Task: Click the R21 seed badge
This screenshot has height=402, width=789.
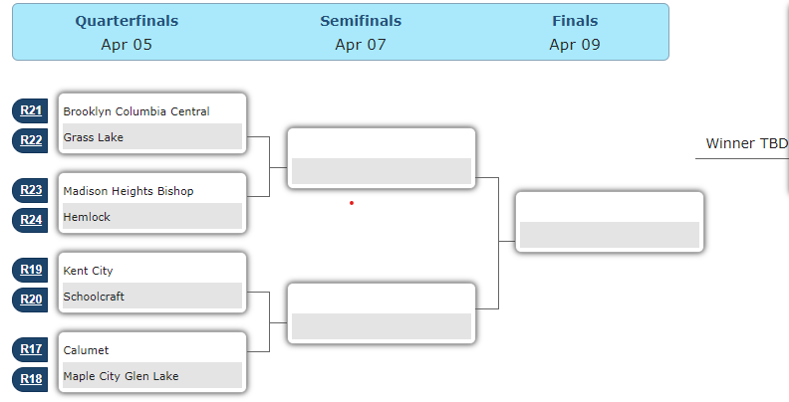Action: coord(31,110)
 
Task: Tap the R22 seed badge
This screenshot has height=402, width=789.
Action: coord(31,140)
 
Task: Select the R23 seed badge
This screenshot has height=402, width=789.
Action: coord(31,190)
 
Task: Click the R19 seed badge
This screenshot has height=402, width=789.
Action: coord(31,270)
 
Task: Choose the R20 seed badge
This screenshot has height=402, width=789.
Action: coord(31,300)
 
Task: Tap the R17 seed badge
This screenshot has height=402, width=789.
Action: coord(31,349)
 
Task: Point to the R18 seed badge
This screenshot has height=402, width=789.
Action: coord(31,379)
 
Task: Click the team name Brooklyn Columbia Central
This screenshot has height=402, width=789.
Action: coord(136,111)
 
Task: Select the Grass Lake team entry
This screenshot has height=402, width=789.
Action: coord(94,137)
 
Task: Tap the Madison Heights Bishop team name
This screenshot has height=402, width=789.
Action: coord(129,191)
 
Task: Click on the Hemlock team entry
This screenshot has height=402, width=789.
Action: coord(87,217)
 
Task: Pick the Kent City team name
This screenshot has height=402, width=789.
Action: coord(89,271)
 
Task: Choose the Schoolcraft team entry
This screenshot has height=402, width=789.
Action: coord(94,297)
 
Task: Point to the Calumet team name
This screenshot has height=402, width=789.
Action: coord(86,350)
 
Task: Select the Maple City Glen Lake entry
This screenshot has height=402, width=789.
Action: coord(121,376)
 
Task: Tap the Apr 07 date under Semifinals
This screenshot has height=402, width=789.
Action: coord(361,44)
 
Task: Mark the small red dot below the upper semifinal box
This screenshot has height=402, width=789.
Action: coord(352,203)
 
